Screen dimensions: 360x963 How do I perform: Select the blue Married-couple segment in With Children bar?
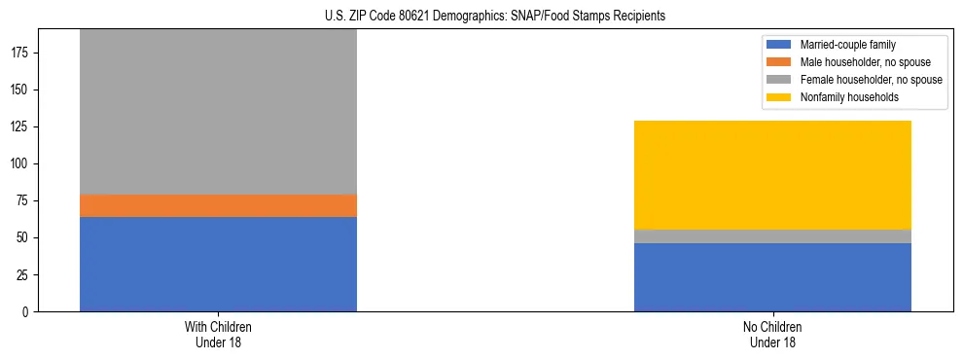point(218,264)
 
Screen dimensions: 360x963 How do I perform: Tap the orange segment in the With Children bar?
point(218,205)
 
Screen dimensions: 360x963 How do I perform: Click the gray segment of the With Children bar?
point(218,112)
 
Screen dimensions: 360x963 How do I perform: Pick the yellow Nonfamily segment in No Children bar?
point(772,175)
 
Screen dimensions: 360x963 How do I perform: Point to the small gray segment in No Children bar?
point(772,236)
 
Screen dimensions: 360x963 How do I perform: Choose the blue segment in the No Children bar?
point(772,277)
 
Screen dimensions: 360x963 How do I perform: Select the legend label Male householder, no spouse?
point(865,62)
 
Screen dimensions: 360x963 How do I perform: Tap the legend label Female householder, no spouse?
point(871,80)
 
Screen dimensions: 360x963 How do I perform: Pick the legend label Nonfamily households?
point(842,97)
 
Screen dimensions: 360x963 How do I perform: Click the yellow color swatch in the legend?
point(779,97)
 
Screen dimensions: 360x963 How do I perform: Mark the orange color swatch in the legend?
point(779,62)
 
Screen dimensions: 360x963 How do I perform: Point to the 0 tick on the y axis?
point(27,311)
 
